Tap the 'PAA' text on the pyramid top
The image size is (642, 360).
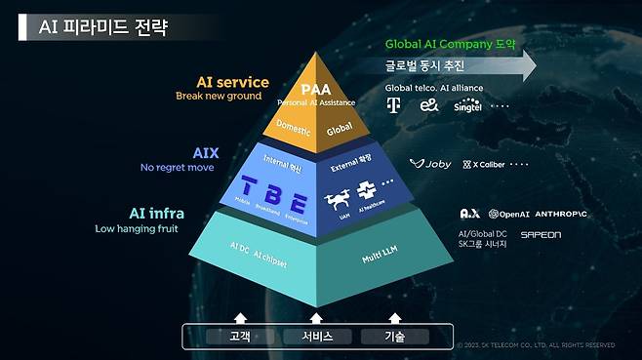pos(316,89)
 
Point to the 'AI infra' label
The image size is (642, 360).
pos(155,213)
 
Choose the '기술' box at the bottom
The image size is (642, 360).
pos(393,336)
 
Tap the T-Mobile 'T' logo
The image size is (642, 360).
pos(394,105)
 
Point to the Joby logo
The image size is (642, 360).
pos(430,164)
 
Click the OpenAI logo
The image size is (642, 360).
pos(510,214)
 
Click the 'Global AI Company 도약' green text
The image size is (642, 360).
pos(450,44)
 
